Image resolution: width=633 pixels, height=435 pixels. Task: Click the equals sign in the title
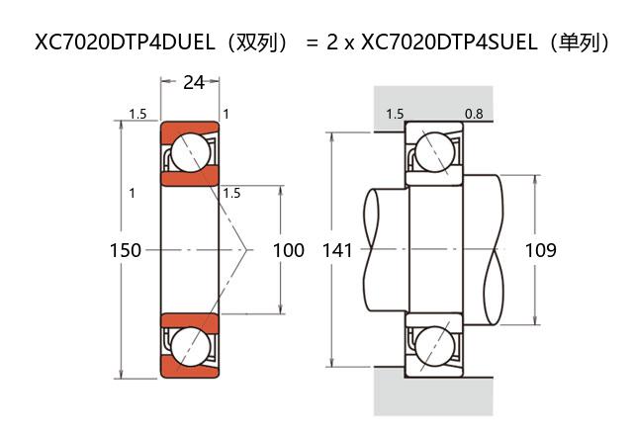[313, 43]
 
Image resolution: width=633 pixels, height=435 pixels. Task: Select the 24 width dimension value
[194, 83]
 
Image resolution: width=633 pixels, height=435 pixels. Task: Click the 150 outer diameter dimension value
[126, 251]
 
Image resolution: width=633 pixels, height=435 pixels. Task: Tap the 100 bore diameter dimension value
[288, 251]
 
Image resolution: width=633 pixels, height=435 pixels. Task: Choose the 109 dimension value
[540, 251]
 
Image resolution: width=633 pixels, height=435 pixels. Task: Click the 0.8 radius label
[474, 115]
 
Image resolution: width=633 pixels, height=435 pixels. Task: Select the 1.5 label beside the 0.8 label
[395, 115]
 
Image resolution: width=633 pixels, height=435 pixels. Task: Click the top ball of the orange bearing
[189, 152]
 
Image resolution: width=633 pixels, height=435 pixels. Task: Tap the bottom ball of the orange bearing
[189, 347]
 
